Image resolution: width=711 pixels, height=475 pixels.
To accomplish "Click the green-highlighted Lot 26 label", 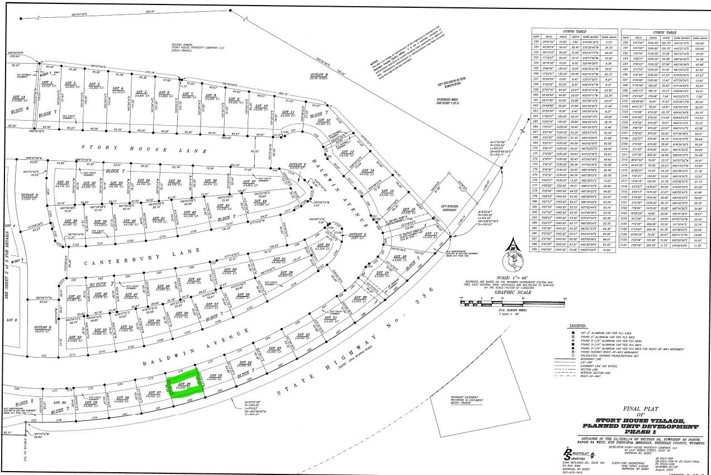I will (184, 384).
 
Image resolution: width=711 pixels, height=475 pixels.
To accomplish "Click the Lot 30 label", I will (63, 402).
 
